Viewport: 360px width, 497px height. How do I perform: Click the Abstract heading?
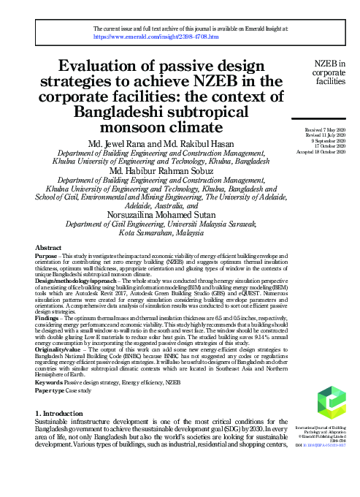48,248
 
